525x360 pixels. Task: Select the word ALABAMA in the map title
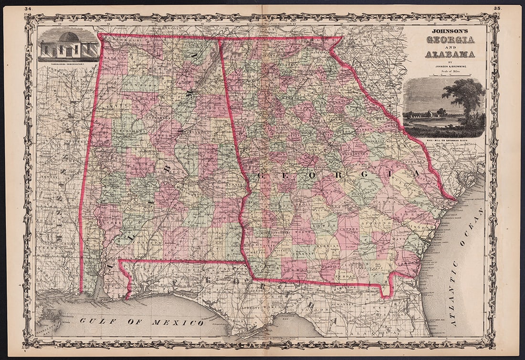(450, 54)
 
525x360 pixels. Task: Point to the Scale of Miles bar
(450, 74)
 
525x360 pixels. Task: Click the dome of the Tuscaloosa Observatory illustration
(69, 37)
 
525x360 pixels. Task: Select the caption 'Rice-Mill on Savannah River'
(444, 140)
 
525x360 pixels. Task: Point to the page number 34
(28, 9)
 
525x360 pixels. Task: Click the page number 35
(497, 9)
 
